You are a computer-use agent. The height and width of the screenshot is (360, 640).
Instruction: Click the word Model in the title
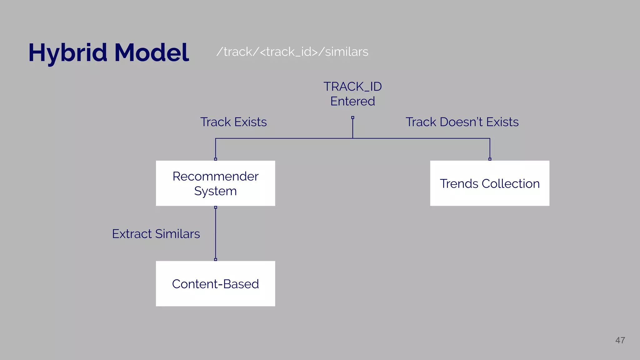(x=152, y=52)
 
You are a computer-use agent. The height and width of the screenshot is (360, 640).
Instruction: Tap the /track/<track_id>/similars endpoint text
(x=292, y=52)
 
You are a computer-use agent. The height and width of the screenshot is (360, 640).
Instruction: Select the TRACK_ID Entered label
(x=352, y=94)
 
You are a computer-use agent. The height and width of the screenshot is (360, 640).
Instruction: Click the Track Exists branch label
(x=233, y=122)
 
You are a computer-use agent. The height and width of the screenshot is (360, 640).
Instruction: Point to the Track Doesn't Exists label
(x=462, y=122)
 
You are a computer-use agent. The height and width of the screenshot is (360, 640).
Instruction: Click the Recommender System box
(x=215, y=183)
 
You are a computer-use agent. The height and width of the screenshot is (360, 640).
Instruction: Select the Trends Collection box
(x=489, y=183)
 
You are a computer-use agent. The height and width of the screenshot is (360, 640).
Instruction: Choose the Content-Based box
(x=215, y=284)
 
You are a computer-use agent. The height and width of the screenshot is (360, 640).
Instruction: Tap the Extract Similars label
(x=156, y=234)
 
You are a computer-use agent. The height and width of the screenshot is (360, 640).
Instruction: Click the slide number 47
(x=620, y=340)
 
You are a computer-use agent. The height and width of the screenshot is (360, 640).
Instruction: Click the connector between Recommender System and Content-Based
(x=216, y=233)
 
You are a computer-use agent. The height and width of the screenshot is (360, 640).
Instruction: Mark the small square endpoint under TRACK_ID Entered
(x=352, y=118)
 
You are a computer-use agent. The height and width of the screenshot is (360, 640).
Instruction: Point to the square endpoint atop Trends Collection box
(x=490, y=159)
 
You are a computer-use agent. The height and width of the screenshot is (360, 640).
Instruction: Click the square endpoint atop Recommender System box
(x=216, y=159)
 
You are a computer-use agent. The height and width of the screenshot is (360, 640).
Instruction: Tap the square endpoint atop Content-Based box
(x=216, y=259)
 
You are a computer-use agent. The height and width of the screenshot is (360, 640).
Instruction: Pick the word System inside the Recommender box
(x=215, y=191)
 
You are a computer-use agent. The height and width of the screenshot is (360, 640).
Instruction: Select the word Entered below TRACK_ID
(x=352, y=101)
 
